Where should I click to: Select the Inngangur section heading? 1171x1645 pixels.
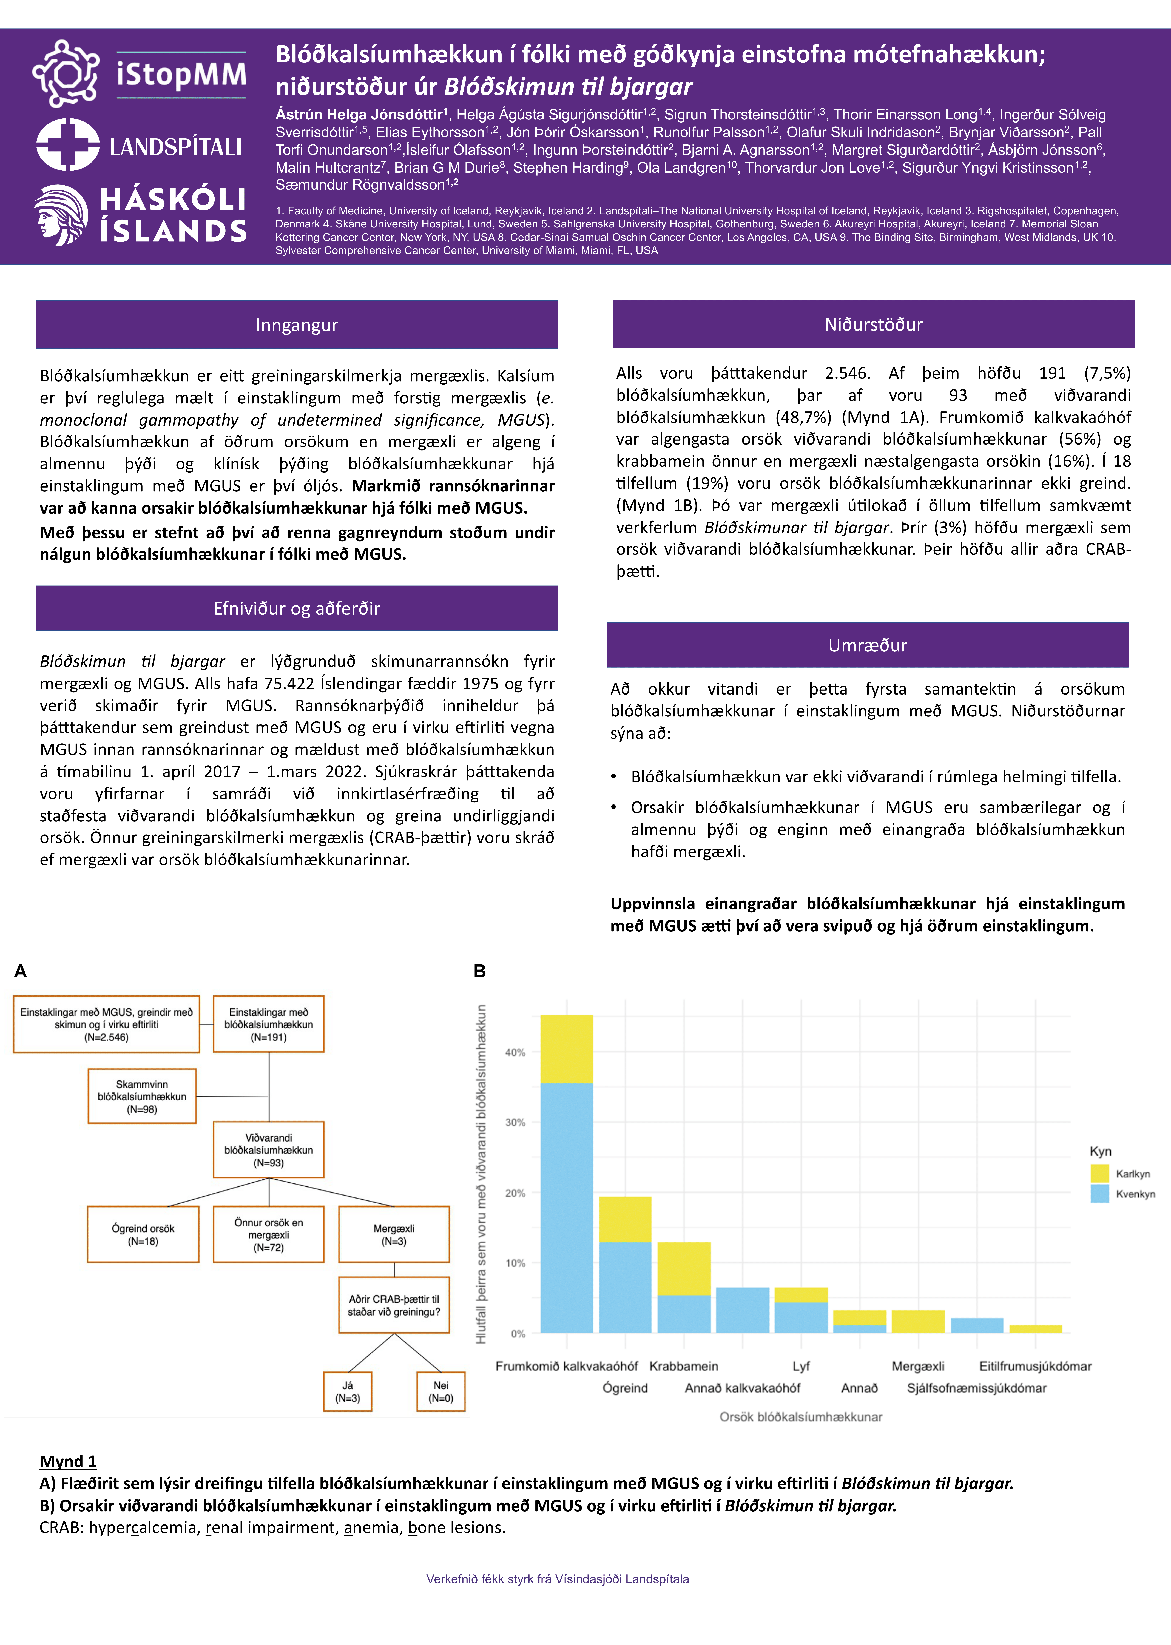296,325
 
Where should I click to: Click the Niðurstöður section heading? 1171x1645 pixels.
873,324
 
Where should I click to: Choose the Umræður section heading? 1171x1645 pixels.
867,645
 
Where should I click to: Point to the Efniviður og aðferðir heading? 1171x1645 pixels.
296,608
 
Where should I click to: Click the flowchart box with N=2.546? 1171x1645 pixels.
107,1024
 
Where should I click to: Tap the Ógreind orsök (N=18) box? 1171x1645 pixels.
143,1234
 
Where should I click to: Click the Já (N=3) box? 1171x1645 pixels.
348,1391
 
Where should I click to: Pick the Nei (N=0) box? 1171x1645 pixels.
440,1391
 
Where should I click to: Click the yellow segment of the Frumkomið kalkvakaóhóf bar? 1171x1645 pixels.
567,1049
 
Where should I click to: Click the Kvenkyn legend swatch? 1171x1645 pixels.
1100,1194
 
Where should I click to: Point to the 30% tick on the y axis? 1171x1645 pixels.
515,1122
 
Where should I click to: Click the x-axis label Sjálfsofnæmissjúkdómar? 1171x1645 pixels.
976,1388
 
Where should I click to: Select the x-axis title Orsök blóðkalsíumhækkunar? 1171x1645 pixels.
800,1416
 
